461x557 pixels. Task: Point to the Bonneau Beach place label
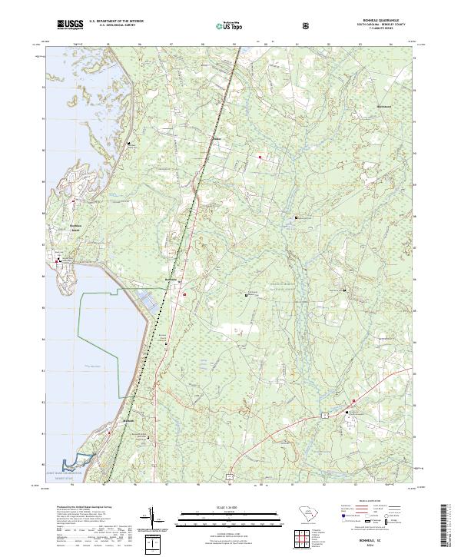point(75,228)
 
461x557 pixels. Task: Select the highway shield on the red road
point(324,415)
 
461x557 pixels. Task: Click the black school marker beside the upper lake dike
point(129,144)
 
